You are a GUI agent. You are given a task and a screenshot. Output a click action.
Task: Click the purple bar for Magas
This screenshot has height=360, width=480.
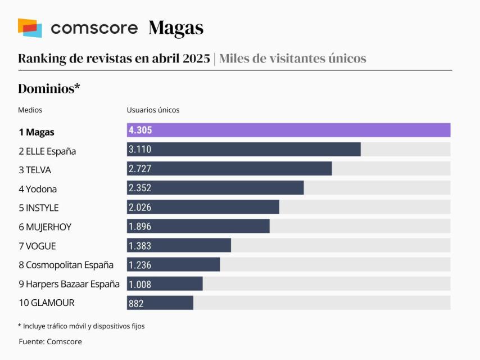(x=288, y=130)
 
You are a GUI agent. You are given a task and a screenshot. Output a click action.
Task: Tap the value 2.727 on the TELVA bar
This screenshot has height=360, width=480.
(x=140, y=169)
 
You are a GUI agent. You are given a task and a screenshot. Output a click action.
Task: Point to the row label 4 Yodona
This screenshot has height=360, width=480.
(x=38, y=189)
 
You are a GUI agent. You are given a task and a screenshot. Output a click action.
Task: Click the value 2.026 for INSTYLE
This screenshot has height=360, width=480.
(x=140, y=207)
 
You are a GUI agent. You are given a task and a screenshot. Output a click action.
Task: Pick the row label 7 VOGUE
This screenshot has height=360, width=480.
(x=37, y=246)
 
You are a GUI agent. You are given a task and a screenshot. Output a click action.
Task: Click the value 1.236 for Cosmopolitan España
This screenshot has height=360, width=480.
(x=140, y=265)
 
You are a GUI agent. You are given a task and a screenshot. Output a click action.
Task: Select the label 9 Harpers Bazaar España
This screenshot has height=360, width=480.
(x=69, y=284)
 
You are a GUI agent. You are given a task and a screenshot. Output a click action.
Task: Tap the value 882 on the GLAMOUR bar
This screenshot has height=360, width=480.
(x=136, y=303)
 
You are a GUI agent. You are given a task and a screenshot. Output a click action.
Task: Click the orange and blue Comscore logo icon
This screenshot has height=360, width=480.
(x=30, y=28)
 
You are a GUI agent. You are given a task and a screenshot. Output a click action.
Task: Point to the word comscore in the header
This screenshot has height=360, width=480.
(x=94, y=28)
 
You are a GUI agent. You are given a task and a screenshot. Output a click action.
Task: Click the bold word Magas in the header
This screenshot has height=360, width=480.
(x=176, y=28)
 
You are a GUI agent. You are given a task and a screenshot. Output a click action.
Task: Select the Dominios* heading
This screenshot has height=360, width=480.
(x=49, y=88)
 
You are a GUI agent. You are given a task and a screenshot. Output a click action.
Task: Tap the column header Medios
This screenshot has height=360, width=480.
(x=30, y=110)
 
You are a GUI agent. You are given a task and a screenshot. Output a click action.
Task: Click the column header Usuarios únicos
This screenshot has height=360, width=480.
(x=153, y=110)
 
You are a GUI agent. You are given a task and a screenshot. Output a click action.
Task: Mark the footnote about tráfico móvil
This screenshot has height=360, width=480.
(x=81, y=326)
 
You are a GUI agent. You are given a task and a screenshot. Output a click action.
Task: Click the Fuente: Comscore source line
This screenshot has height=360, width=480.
(x=50, y=341)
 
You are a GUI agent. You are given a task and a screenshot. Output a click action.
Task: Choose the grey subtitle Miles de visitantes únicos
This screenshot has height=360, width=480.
(x=292, y=58)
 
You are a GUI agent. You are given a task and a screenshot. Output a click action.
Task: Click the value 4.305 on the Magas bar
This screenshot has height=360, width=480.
(x=141, y=130)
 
